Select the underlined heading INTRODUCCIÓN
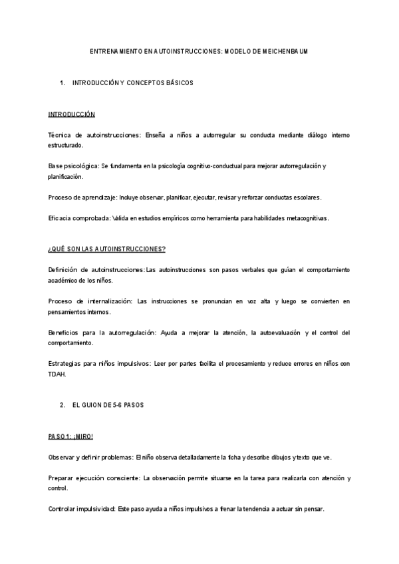(71, 114)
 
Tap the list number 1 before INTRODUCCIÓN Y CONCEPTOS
(62, 83)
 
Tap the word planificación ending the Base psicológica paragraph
(65, 176)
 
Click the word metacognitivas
(305, 217)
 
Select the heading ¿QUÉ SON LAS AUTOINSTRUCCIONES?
(107, 249)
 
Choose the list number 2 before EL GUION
(62, 405)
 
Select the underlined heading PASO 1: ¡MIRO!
(70, 436)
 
